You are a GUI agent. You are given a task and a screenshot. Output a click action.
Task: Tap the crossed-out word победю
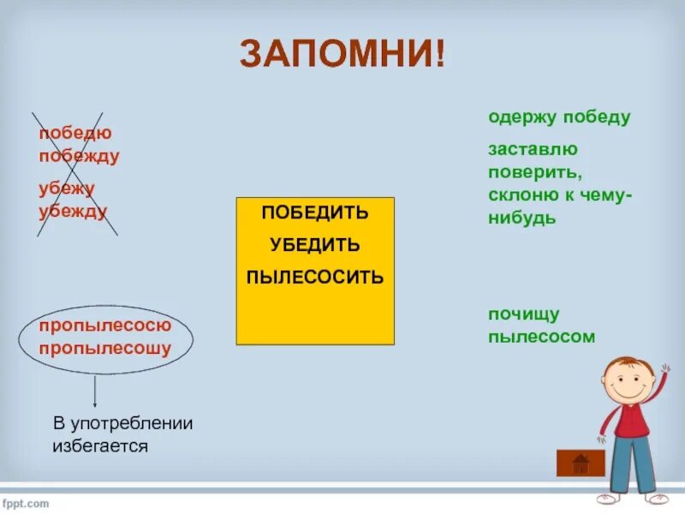click(75, 134)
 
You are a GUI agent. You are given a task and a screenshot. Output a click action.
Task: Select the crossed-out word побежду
click(79, 156)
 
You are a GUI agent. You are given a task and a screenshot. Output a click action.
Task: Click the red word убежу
click(67, 188)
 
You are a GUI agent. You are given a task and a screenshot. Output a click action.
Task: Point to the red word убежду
click(73, 211)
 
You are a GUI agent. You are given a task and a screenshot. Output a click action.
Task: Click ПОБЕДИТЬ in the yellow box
click(315, 212)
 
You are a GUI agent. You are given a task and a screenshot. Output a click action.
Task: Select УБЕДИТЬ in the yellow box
click(315, 245)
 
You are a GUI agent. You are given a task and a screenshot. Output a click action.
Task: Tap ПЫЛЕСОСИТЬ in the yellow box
click(315, 278)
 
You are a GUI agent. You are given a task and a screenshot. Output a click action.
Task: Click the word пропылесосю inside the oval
click(105, 326)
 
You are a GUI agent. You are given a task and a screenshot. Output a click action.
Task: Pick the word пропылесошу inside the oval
click(105, 349)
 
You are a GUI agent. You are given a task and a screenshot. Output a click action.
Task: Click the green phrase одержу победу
click(559, 117)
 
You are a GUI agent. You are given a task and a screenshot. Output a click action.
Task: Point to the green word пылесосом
click(541, 337)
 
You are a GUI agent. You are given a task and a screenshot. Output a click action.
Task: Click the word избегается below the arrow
click(100, 445)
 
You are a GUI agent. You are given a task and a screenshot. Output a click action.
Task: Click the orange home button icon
click(581, 463)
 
